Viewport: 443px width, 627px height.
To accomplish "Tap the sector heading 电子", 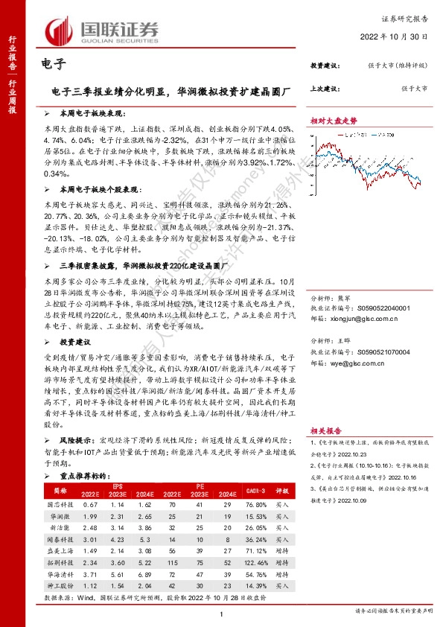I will pos(48,64).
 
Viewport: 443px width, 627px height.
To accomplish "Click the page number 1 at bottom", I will pos(222,614).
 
